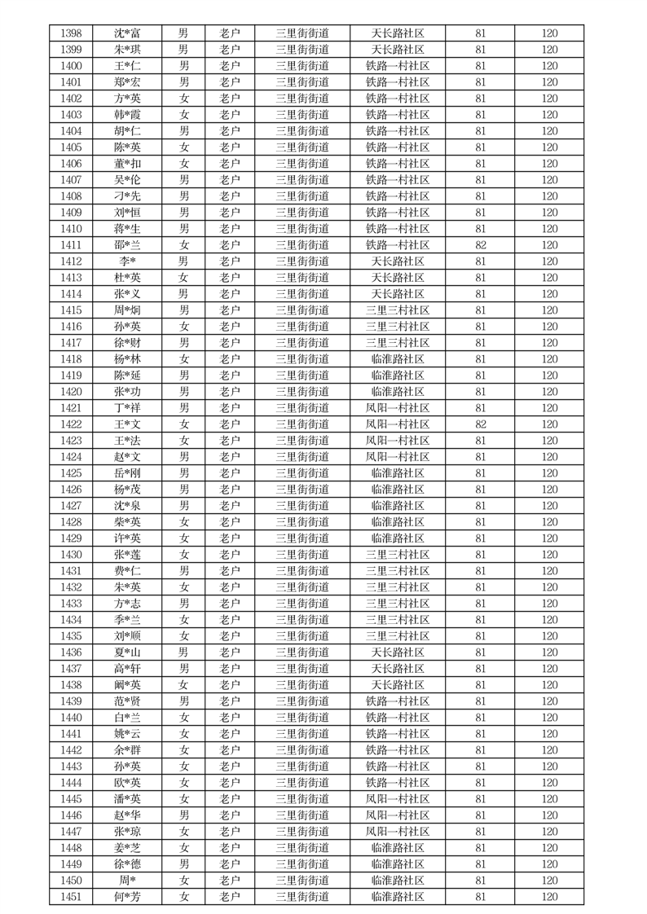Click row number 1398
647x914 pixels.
click(71, 33)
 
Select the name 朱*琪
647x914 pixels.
click(127, 50)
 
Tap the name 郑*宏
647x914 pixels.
click(127, 82)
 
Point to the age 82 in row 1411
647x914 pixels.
click(480, 245)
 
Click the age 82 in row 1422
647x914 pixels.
click(480, 424)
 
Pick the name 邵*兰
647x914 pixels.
click(127, 245)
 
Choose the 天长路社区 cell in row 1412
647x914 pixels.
click(398, 261)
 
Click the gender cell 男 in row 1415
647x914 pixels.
click(184, 310)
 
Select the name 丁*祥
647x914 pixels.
click(127, 408)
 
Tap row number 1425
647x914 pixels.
click(71, 473)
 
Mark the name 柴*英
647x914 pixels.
click(127, 522)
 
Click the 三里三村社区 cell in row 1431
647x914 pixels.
click(398, 571)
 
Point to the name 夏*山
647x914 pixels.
click(127, 653)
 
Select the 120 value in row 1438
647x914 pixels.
click(549, 685)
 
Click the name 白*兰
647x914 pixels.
click(127, 718)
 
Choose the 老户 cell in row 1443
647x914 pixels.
click(230, 767)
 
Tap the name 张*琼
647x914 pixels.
click(127, 832)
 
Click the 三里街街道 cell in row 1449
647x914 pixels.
click(302, 864)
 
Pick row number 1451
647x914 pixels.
click(71, 897)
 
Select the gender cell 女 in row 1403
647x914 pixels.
click(184, 115)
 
